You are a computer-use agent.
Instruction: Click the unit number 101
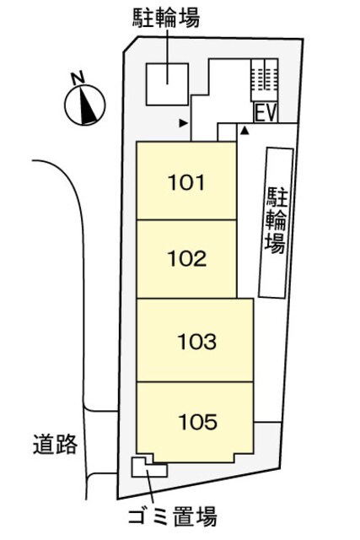[x=186, y=181]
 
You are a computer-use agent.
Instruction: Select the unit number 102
[x=186, y=259]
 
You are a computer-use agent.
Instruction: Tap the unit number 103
[x=197, y=342]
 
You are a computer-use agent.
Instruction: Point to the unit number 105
[x=197, y=419]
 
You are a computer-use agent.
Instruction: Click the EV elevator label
[x=265, y=111]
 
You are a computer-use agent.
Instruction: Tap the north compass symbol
[x=83, y=105]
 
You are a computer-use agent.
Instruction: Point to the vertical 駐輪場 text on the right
[x=275, y=221]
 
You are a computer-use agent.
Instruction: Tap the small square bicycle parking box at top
[x=165, y=84]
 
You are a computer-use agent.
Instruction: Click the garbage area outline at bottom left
[x=146, y=467]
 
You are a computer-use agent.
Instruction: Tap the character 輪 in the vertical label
[x=275, y=221]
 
